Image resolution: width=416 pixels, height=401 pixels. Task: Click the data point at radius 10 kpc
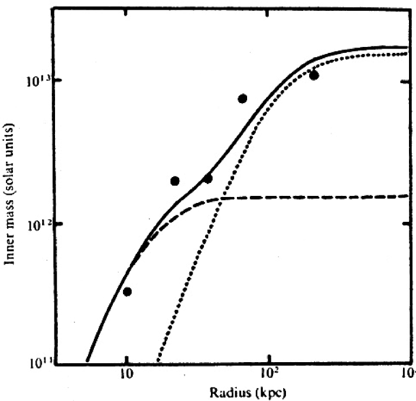click(127, 291)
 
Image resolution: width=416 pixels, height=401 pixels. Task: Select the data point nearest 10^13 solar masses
click(313, 75)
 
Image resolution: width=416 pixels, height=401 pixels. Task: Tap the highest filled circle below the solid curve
click(313, 75)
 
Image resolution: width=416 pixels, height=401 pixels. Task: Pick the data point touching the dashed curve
click(208, 179)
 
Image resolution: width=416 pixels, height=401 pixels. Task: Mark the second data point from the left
click(174, 181)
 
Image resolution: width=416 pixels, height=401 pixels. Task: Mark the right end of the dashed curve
click(406, 195)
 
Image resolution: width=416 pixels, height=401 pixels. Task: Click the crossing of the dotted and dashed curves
click(222, 199)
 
